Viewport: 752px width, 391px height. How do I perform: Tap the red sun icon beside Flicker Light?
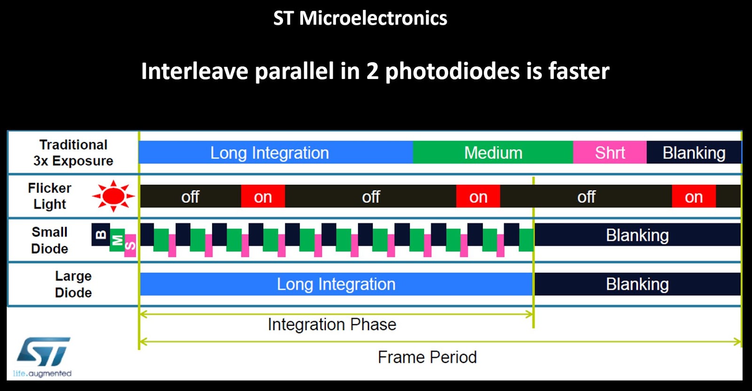(113, 196)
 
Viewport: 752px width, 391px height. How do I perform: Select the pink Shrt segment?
(610, 152)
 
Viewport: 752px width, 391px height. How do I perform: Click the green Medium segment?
(493, 152)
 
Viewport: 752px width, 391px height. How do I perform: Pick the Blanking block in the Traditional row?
(693, 152)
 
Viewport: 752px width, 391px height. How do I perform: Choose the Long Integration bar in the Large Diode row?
(336, 284)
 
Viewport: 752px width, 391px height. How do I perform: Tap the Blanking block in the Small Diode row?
(637, 235)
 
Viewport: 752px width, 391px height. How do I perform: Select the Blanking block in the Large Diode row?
(637, 284)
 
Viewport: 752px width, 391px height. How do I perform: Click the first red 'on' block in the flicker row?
(263, 197)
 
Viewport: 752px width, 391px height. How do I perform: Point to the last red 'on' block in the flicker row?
(693, 197)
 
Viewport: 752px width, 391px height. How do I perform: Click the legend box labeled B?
(101, 234)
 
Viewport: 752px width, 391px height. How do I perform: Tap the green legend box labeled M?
(117, 240)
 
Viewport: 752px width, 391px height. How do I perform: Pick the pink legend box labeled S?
(130, 246)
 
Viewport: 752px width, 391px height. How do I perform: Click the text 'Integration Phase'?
(332, 325)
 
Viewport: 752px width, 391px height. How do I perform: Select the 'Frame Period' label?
(427, 357)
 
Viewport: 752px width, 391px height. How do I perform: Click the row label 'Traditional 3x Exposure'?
(73, 153)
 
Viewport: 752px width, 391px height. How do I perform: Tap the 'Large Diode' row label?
(73, 284)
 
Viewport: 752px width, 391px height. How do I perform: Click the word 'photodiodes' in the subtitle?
(453, 72)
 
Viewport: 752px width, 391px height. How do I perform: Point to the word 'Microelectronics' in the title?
(373, 18)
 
